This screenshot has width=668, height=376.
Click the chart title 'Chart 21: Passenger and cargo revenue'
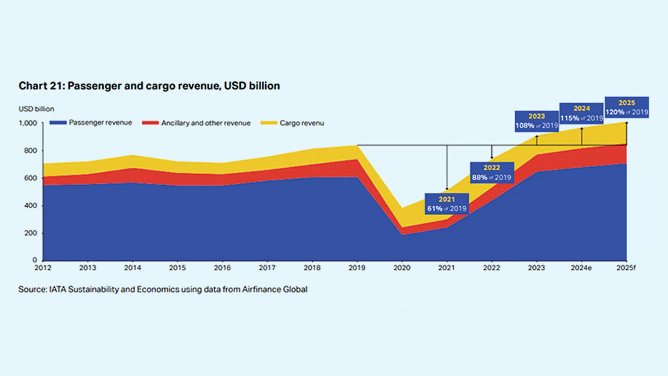tap(149, 85)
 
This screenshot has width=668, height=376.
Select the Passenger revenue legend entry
tap(90, 123)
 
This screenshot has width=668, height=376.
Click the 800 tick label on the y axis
tap(32, 150)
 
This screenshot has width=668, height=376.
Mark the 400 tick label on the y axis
tap(32, 205)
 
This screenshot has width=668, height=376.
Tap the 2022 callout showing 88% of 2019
tap(492, 172)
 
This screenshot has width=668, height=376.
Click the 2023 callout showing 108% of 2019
tap(536, 122)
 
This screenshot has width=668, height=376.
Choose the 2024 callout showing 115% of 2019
tap(582, 113)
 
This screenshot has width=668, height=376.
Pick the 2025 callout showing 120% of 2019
tap(626, 107)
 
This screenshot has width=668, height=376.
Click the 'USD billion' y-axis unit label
tap(36, 109)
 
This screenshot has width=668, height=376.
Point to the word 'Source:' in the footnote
tap(33, 289)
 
